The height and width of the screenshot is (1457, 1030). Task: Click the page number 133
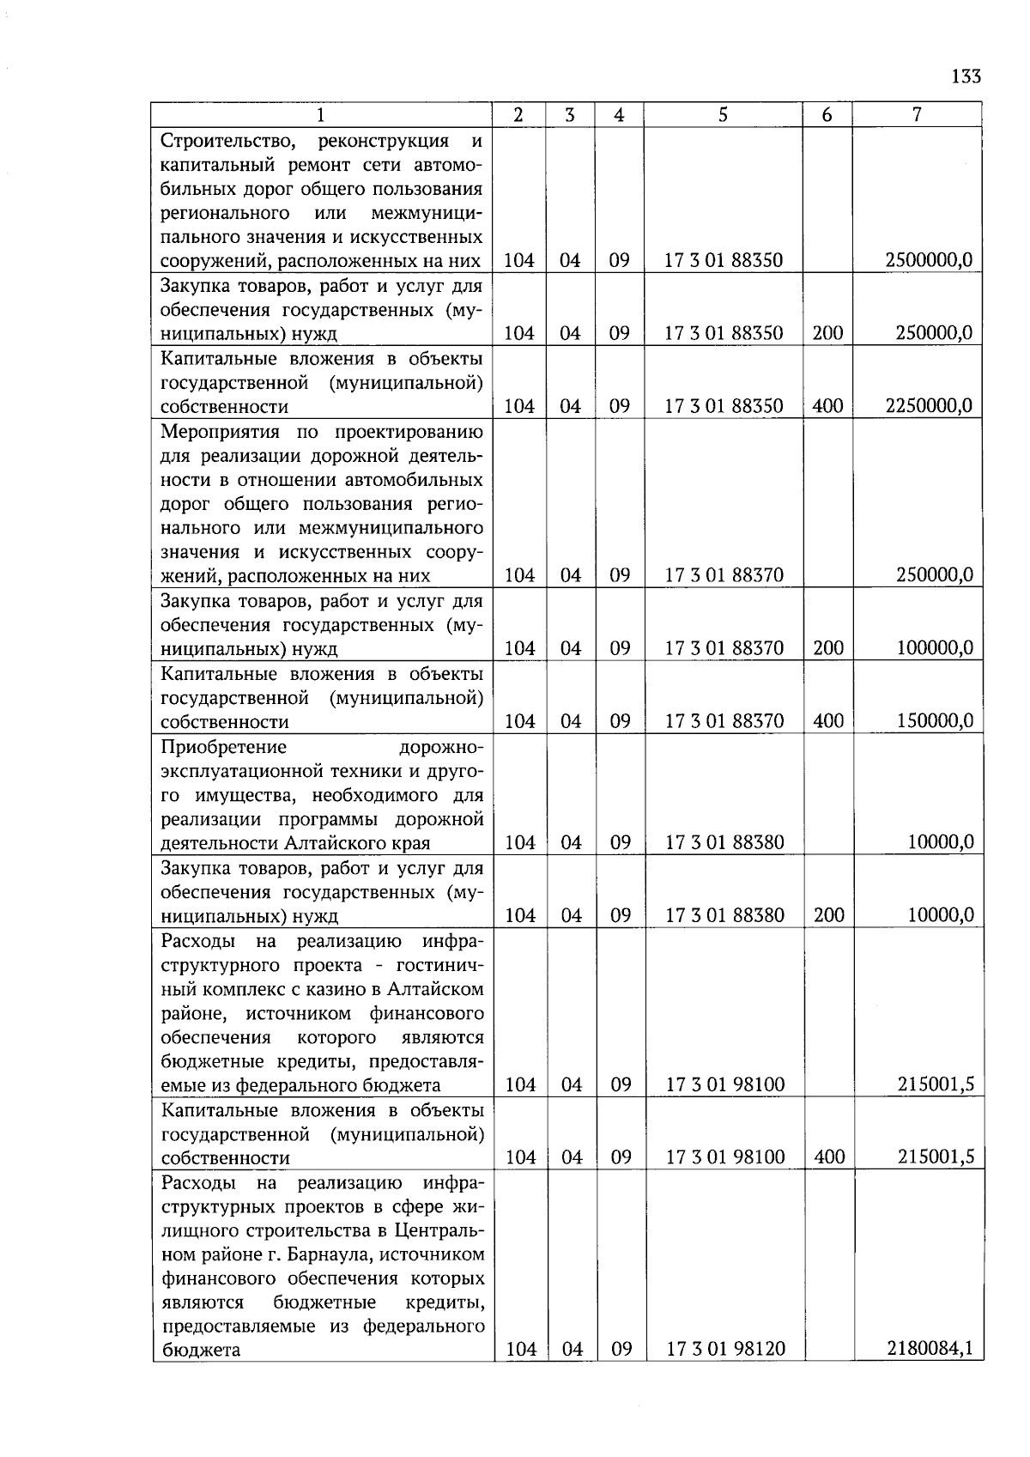(x=966, y=76)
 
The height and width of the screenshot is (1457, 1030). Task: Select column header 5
(x=723, y=114)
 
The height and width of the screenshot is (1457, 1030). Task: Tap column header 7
(x=917, y=114)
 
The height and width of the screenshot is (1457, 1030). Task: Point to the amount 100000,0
(x=935, y=648)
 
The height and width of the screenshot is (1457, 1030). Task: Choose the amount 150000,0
(x=935, y=721)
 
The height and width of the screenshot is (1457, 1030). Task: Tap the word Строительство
(x=228, y=141)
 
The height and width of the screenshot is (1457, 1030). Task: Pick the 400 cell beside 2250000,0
(x=827, y=406)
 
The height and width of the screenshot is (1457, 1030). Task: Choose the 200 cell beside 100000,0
(x=828, y=648)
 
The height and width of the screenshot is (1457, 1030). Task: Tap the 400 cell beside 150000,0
(x=828, y=721)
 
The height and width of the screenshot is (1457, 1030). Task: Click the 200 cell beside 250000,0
(x=827, y=333)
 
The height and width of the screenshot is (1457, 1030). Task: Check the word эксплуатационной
(x=236, y=771)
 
